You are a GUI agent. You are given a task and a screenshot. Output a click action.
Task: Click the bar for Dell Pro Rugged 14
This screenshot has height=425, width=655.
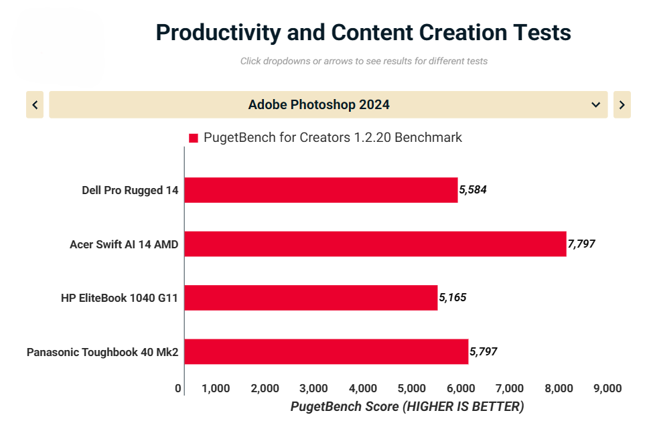click(x=321, y=190)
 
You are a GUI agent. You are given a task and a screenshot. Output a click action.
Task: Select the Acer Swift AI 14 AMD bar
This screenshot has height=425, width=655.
click(x=375, y=244)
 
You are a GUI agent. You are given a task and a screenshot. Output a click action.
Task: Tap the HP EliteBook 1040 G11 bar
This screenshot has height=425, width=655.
click(x=311, y=298)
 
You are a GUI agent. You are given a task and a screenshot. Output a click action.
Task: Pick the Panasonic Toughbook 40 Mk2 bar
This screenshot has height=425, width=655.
click(x=326, y=351)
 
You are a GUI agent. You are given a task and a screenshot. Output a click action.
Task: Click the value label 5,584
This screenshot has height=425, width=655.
click(x=473, y=190)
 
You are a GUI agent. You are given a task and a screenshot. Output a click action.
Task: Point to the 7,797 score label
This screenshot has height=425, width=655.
click(x=581, y=244)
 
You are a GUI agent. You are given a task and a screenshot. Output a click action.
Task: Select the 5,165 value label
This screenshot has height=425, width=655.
click(x=453, y=298)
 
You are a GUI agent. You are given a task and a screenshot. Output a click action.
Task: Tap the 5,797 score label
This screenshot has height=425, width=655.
click(x=484, y=351)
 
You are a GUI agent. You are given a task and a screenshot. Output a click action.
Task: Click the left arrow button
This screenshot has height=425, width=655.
click(x=35, y=104)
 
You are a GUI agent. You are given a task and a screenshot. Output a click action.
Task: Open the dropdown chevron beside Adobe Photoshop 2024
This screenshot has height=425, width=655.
click(x=595, y=104)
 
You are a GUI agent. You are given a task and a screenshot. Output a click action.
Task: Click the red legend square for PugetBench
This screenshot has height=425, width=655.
click(x=194, y=138)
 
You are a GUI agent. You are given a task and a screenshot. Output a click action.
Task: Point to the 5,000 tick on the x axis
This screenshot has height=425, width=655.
click(x=411, y=388)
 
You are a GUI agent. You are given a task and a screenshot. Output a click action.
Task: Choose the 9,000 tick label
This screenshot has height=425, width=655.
click(x=607, y=388)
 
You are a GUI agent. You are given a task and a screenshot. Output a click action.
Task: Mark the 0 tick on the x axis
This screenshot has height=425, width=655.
click(x=178, y=388)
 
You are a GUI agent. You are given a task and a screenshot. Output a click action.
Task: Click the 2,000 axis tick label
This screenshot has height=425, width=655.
click(x=265, y=388)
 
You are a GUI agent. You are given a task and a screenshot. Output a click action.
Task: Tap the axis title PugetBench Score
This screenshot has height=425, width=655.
click(x=407, y=407)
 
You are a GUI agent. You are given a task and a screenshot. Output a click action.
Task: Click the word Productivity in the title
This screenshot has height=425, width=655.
click(x=214, y=32)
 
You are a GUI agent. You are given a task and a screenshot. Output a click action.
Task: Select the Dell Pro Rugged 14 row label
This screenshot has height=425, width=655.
click(x=130, y=190)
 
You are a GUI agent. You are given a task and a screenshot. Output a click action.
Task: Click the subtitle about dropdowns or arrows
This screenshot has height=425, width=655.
click(x=364, y=61)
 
